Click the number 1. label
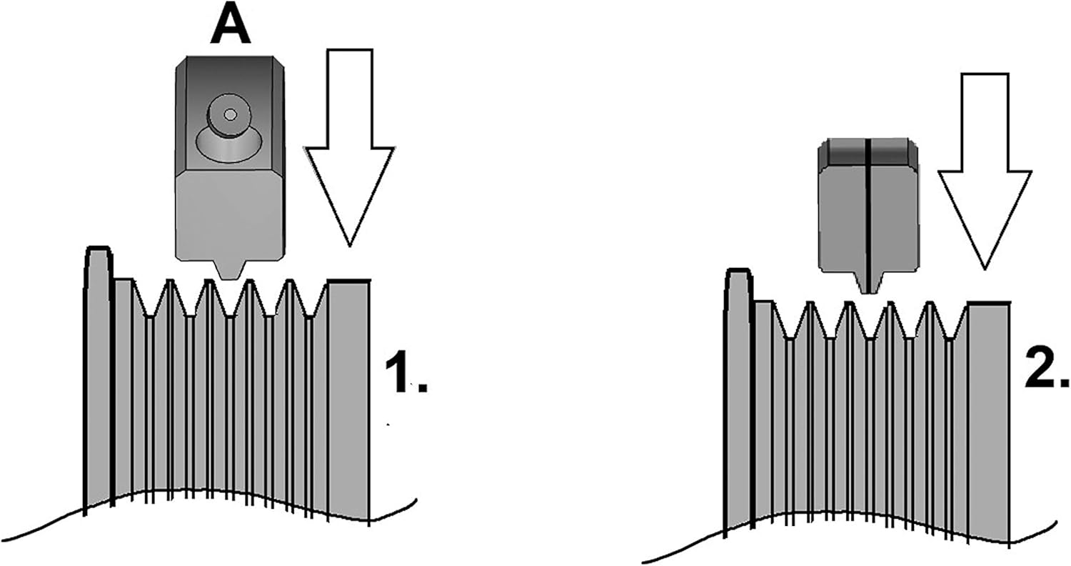[405, 373]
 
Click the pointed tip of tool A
[228, 269]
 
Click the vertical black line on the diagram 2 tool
[867, 214]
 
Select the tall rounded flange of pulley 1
[98, 372]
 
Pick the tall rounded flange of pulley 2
[738, 393]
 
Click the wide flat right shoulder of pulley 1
[348, 393]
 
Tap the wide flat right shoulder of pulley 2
[988, 414]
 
